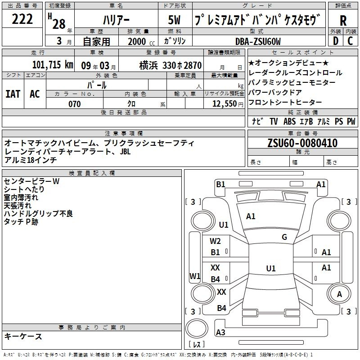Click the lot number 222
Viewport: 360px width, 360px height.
[22, 20]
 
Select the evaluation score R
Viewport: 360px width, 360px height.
[343, 21]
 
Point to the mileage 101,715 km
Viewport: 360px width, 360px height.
[53, 64]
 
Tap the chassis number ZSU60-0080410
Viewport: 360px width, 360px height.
[302, 143]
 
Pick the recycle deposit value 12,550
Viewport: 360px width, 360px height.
[224, 104]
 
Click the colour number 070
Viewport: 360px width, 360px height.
[74, 104]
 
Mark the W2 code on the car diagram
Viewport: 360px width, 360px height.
[216, 242]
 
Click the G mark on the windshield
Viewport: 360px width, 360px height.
[284, 237]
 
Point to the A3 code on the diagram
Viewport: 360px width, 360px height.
[220, 333]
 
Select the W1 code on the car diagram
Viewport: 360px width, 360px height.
[195, 276]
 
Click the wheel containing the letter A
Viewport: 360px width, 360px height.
[339, 294]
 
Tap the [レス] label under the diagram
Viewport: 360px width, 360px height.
[197, 345]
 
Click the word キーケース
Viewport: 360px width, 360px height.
[23, 336]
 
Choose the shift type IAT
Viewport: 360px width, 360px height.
[13, 94]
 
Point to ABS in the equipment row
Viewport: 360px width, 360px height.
[289, 121]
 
